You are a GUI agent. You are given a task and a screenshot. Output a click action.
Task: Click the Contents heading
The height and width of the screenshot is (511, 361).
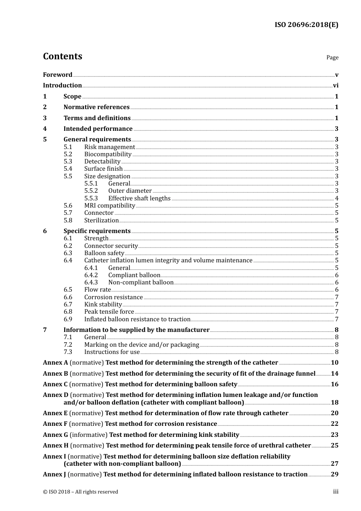tap(62, 56)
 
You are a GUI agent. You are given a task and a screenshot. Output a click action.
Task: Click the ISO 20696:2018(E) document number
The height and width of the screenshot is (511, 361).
tap(306, 25)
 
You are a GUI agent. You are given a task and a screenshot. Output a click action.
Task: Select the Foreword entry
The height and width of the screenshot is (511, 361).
tap(57, 75)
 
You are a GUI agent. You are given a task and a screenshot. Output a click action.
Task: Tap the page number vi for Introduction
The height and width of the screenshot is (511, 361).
tap(336, 86)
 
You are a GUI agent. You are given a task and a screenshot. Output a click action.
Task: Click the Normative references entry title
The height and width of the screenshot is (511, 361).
tap(97, 107)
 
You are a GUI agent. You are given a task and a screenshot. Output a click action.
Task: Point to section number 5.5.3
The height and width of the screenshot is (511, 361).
tap(91, 198)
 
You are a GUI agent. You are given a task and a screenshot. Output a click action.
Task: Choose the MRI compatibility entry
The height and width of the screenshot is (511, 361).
tap(109, 206)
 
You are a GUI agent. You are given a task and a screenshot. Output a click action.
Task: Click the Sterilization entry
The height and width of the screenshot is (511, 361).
tap(101, 221)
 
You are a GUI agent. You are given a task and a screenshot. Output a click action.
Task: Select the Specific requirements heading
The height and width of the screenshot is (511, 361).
tap(97, 231)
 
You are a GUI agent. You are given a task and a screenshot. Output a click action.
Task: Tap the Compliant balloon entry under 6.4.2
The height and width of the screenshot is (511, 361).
tap(134, 275)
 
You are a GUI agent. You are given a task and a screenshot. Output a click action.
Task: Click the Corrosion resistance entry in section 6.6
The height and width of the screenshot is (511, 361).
tap(113, 297)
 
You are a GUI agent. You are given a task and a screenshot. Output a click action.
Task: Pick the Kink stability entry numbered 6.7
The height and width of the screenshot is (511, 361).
tap(103, 305)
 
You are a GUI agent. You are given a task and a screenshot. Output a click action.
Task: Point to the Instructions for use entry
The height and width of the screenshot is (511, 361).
tap(112, 352)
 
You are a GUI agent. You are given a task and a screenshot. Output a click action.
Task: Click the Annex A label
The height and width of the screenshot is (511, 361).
tap(55, 363)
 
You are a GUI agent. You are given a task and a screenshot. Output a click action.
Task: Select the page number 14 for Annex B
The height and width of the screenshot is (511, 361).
tap(334, 374)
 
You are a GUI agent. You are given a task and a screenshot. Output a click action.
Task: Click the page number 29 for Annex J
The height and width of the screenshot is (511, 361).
tap(334, 474)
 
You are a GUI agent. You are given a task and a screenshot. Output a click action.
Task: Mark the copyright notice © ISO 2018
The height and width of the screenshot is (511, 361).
tap(81, 492)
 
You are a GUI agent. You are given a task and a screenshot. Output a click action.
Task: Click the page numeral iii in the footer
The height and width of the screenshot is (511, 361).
tap(336, 492)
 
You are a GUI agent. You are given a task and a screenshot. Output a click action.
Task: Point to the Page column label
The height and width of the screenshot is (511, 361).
tap(332, 57)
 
